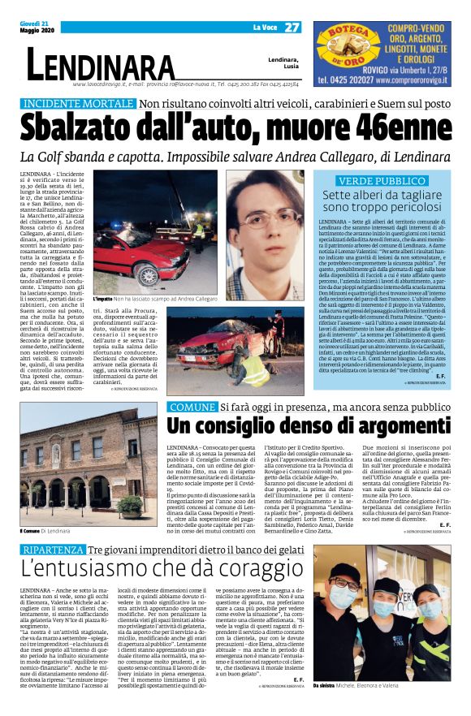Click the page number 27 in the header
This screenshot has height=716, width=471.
[x=292, y=27]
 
